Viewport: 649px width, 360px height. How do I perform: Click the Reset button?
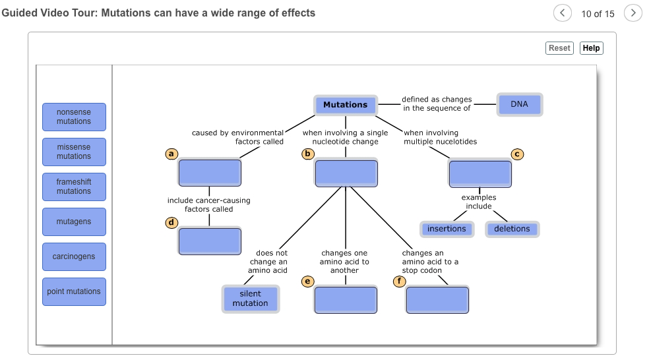point(559,48)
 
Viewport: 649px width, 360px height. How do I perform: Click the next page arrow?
point(632,13)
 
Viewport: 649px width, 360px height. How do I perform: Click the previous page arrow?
point(562,13)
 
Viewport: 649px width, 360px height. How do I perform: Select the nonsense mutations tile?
point(74,117)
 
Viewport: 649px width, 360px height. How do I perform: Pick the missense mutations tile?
point(74,152)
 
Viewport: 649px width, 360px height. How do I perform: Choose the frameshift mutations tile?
point(74,187)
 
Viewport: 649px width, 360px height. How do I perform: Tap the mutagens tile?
point(74,222)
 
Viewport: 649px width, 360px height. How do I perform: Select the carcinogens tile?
point(74,256)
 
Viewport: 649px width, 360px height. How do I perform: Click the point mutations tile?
point(74,291)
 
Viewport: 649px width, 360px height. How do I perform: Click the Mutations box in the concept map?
point(345,105)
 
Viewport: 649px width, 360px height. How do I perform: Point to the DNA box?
point(519,104)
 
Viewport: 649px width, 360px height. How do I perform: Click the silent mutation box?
point(250,299)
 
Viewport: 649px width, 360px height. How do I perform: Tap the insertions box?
point(447,229)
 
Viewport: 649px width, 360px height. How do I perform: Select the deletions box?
point(512,229)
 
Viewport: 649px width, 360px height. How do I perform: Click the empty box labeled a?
point(209,173)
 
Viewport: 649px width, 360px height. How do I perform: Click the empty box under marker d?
point(209,241)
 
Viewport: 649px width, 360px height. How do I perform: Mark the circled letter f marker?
point(398,282)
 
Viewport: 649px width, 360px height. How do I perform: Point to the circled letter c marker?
point(518,154)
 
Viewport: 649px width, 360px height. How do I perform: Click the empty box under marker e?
point(346,300)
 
